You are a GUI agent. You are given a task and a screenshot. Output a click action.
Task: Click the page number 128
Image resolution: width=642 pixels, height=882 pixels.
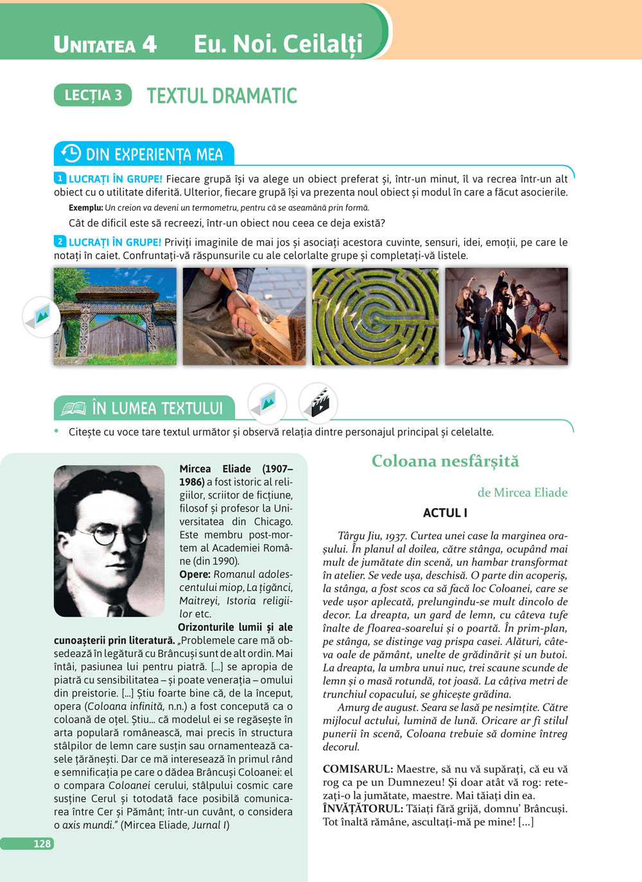click(x=42, y=843)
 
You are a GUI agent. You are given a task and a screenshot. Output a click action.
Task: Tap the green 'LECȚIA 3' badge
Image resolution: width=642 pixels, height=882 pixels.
click(x=93, y=95)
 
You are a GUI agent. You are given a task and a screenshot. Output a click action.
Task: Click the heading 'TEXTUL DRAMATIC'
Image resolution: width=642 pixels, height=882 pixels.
click(x=221, y=96)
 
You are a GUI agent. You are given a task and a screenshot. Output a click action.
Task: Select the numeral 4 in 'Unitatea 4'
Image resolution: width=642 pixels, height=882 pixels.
click(x=149, y=44)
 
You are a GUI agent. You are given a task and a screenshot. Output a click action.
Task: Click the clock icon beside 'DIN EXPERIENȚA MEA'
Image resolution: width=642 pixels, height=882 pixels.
click(x=71, y=154)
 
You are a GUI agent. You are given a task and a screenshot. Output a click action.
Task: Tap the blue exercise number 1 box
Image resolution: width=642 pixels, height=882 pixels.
click(x=60, y=179)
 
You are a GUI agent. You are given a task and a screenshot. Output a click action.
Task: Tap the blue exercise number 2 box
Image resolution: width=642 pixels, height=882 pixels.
click(x=60, y=242)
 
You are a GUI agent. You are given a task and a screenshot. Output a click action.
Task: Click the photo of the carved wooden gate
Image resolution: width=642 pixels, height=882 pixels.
click(x=116, y=316)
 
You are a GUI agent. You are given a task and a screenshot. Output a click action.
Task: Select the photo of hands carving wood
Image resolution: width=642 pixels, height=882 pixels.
click(x=244, y=316)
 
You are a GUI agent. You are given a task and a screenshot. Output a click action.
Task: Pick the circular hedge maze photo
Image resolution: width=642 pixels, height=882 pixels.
click(x=375, y=316)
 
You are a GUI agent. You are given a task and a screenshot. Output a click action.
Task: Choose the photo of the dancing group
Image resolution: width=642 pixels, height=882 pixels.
click(x=507, y=316)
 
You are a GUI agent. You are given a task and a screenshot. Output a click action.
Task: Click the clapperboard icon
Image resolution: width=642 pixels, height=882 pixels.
click(x=318, y=403)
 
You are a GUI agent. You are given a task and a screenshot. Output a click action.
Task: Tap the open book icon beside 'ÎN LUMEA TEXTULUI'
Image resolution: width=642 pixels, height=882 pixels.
click(x=73, y=408)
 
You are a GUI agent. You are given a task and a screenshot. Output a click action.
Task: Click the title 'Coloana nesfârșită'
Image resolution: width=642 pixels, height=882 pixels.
click(x=445, y=461)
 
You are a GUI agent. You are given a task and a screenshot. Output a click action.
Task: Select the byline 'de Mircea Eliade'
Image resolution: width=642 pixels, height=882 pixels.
click(x=522, y=492)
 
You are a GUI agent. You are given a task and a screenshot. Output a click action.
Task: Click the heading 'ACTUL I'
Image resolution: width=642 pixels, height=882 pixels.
click(x=445, y=513)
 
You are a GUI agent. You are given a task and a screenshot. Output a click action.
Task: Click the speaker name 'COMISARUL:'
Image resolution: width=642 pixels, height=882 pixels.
click(x=358, y=769)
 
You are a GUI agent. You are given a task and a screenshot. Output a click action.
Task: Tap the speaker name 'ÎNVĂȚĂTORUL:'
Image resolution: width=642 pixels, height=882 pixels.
click(x=363, y=809)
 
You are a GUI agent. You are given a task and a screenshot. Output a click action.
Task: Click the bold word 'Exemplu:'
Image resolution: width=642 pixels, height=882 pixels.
click(x=85, y=207)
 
